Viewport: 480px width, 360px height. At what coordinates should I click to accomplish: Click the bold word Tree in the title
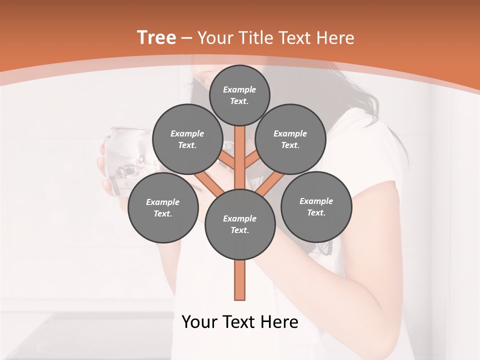pos(156,37)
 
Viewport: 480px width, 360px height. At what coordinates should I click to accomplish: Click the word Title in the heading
pos(255,38)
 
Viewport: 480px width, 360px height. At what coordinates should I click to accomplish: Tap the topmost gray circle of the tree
pos(239,95)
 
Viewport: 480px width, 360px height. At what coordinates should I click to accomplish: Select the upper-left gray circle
pos(187,139)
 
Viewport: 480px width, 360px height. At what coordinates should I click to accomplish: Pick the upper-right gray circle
pos(290,139)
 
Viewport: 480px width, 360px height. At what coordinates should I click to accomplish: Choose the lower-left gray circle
pos(163,208)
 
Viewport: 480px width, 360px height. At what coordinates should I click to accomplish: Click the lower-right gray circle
pos(316,206)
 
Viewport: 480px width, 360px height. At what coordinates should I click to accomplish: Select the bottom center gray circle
pos(240,224)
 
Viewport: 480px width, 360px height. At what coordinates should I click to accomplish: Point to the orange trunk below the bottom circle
pos(240,280)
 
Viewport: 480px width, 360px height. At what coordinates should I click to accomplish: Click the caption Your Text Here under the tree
pos(240,322)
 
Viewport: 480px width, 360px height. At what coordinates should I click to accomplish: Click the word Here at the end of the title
pos(336,38)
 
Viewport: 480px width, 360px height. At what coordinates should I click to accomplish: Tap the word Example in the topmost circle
pos(239,90)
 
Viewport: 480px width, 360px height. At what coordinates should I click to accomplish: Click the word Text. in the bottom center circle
pos(239,230)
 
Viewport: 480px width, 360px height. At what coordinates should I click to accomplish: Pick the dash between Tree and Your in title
pos(186,38)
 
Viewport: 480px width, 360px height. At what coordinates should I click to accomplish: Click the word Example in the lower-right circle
pos(316,201)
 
